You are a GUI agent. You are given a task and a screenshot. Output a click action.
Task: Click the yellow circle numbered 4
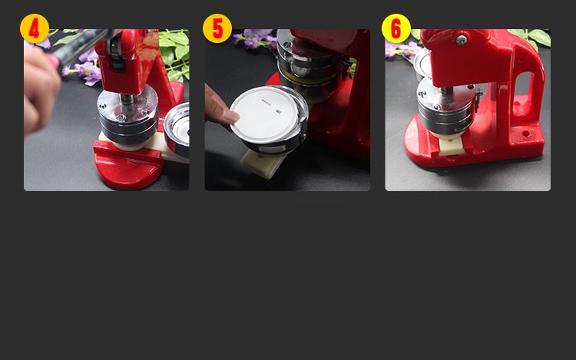point(34,28)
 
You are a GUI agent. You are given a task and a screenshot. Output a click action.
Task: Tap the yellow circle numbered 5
point(217,28)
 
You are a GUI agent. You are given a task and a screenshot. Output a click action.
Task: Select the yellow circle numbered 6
point(396,28)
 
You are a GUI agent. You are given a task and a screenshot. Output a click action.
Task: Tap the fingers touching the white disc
point(221,107)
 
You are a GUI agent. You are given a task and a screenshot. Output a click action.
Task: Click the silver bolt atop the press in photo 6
point(462,40)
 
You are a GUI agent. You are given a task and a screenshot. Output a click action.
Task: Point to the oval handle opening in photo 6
point(523,90)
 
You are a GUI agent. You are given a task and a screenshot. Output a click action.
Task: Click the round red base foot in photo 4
point(128,170)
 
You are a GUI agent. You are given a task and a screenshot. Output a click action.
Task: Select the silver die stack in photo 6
point(446,107)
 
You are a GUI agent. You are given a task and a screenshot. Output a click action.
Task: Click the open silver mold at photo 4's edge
point(177,129)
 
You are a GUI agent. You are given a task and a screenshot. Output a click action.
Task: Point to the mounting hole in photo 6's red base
point(526,134)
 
